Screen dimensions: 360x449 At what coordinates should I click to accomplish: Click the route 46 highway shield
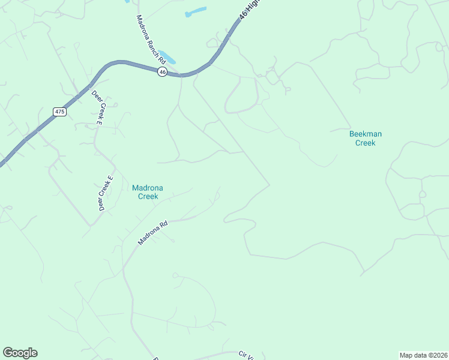162,71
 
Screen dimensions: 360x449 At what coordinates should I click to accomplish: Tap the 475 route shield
59,112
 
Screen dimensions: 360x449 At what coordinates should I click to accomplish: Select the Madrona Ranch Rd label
151,41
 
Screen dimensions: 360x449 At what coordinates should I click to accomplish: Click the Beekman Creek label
365,138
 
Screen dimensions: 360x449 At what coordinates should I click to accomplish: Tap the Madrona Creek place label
148,192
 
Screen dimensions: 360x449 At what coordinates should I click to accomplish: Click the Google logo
20,353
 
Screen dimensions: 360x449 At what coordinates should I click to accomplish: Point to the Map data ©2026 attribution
423,355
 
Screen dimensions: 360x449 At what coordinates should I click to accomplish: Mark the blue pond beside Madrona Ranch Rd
169,58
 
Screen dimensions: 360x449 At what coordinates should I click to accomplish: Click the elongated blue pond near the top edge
196,11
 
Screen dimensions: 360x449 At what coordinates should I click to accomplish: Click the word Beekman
365,134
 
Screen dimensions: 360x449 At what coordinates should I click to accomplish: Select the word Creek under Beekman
365,143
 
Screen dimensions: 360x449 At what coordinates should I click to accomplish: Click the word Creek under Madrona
148,196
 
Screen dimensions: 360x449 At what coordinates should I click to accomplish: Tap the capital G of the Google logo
8,353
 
